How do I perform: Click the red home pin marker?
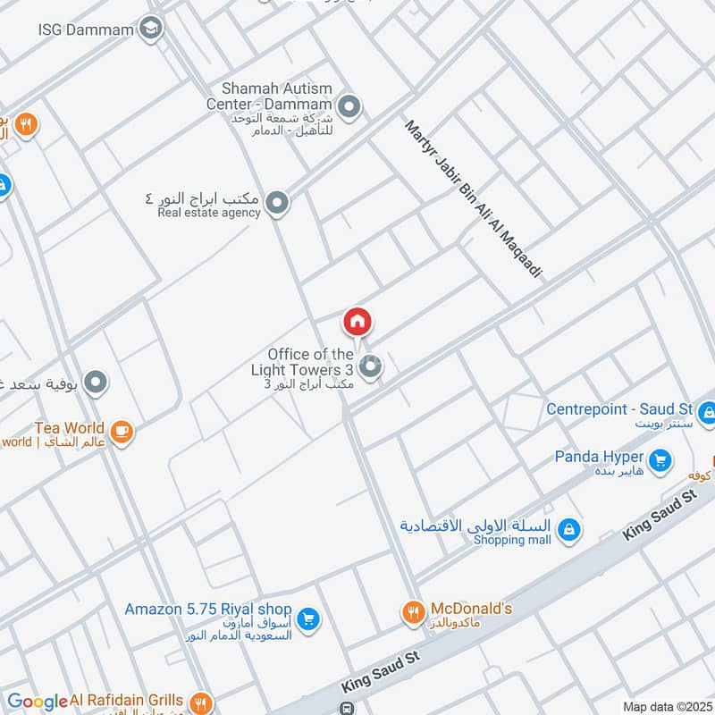(357, 321)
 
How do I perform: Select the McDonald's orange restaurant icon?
(412, 612)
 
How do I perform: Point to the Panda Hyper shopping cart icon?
(660, 460)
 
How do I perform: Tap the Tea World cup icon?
(122, 433)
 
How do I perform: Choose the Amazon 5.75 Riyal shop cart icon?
(307, 618)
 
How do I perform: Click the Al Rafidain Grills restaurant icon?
(202, 702)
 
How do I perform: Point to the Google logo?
(37, 702)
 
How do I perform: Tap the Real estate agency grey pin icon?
(278, 204)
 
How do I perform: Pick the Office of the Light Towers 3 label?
(310, 362)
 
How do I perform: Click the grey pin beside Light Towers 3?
(371, 366)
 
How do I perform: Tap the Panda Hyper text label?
(598, 457)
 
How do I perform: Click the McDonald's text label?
(471, 609)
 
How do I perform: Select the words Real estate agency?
(209, 213)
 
